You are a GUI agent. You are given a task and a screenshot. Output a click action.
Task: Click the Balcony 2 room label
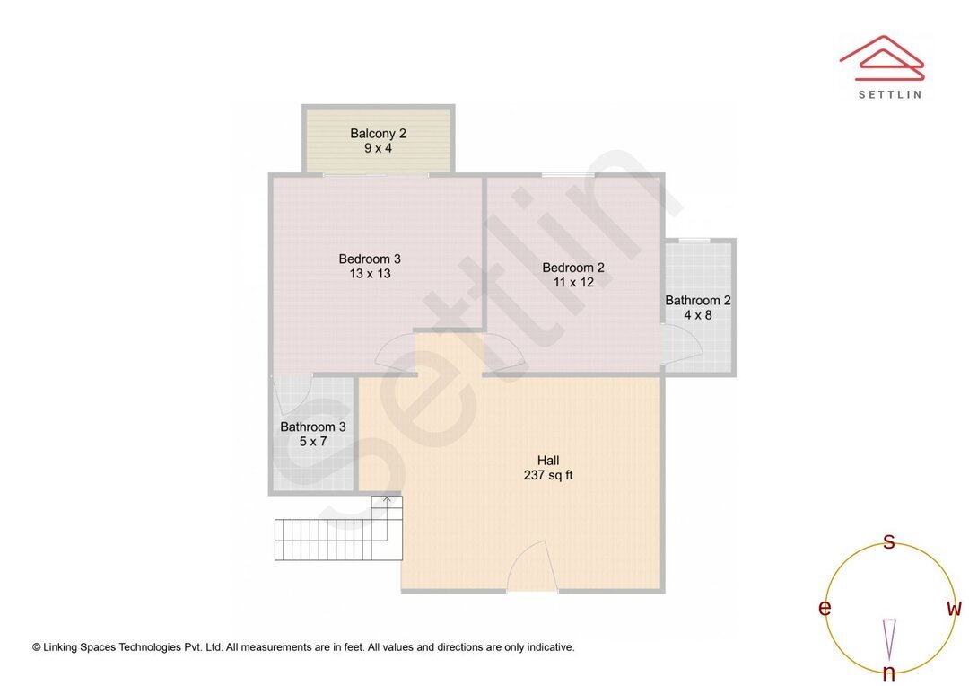coord(378,134)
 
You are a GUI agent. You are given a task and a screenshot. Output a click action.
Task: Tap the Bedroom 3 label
coord(370,259)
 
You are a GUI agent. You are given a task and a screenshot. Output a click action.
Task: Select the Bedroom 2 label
coord(573,268)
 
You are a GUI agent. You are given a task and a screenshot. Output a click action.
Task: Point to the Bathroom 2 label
coord(697,301)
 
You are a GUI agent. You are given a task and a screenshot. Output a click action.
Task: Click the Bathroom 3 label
coord(313,427)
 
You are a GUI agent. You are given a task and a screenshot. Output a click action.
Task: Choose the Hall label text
coord(548,461)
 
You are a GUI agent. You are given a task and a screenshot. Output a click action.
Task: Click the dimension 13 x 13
coord(370,274)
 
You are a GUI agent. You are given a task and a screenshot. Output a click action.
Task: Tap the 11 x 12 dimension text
coord(573,282)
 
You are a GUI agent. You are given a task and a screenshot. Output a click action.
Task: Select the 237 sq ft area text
coord(548,475)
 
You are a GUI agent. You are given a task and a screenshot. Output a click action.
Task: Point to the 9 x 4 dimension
coord(378,148)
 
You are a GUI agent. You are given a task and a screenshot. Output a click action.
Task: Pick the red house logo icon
coord(882,57)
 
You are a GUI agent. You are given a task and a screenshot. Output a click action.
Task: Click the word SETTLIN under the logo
coord(889,94)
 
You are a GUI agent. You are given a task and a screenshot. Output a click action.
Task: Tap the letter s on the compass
coord(889,541)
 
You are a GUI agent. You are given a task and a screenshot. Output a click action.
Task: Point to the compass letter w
coord(955,609)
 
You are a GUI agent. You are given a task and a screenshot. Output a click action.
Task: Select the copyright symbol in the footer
coord(37,646)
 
